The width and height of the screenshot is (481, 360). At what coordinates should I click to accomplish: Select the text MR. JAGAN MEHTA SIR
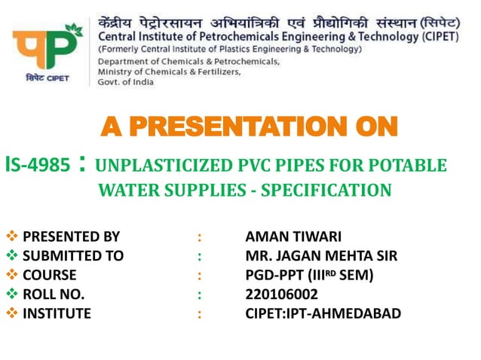(x=321, y=256)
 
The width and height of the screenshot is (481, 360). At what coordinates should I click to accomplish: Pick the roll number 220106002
(x=282, y=294)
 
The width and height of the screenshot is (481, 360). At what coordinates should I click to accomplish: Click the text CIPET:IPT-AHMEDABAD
(x=323, y=313)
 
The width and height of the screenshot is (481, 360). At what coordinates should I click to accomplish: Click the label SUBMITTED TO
(x=73, y=256)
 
